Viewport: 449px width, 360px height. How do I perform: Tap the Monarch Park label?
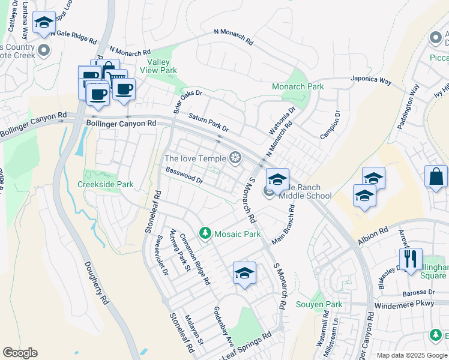point(298,86)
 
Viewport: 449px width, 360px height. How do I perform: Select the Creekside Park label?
point(106,184)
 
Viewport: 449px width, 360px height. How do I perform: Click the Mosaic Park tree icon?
point(205,232)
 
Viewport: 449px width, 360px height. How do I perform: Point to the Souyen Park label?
point(319,304)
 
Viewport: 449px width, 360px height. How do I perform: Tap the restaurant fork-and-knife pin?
point(411,259)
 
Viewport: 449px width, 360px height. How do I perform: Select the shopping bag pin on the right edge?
point(436,177)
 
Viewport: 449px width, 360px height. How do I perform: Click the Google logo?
point(20,353)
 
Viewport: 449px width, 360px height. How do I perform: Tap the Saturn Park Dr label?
point(208,122)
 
